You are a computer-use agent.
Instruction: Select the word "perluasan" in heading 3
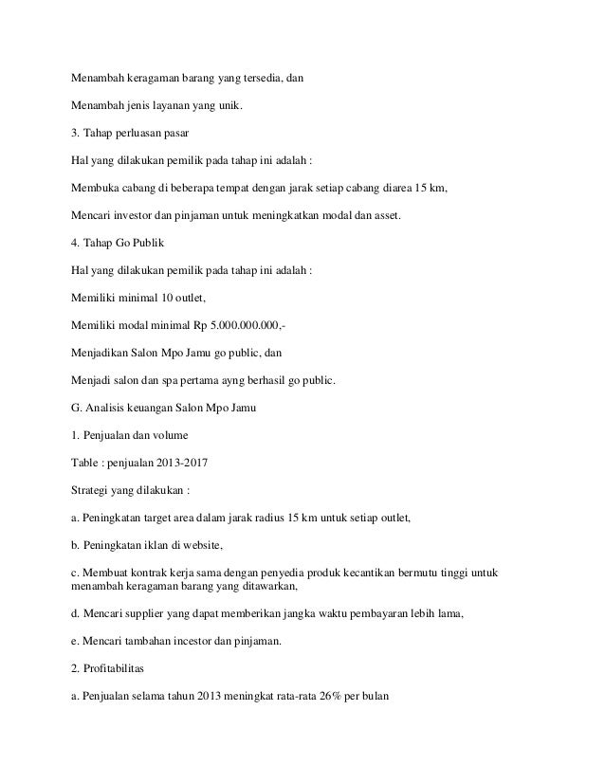(142, 133)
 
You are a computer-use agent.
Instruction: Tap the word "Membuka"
(96, 188)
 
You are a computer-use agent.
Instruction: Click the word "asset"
(385, 215)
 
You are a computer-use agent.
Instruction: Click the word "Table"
(88, 464)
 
